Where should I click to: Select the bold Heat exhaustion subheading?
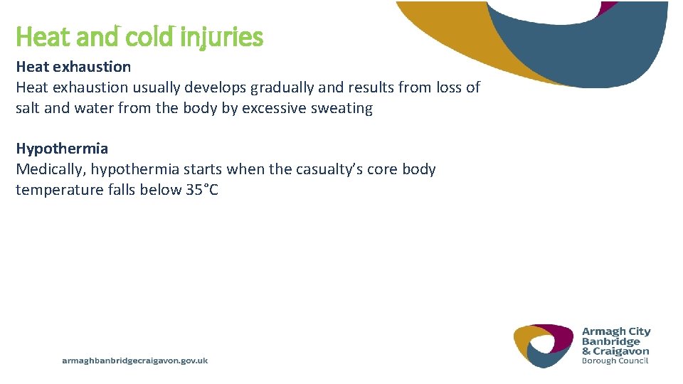73,67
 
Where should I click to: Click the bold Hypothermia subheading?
62,149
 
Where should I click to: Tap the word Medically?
50,169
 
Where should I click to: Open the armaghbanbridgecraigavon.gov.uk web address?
134,361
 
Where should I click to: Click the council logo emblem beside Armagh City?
544,346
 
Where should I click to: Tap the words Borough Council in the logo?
615,361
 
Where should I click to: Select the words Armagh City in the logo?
616,331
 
